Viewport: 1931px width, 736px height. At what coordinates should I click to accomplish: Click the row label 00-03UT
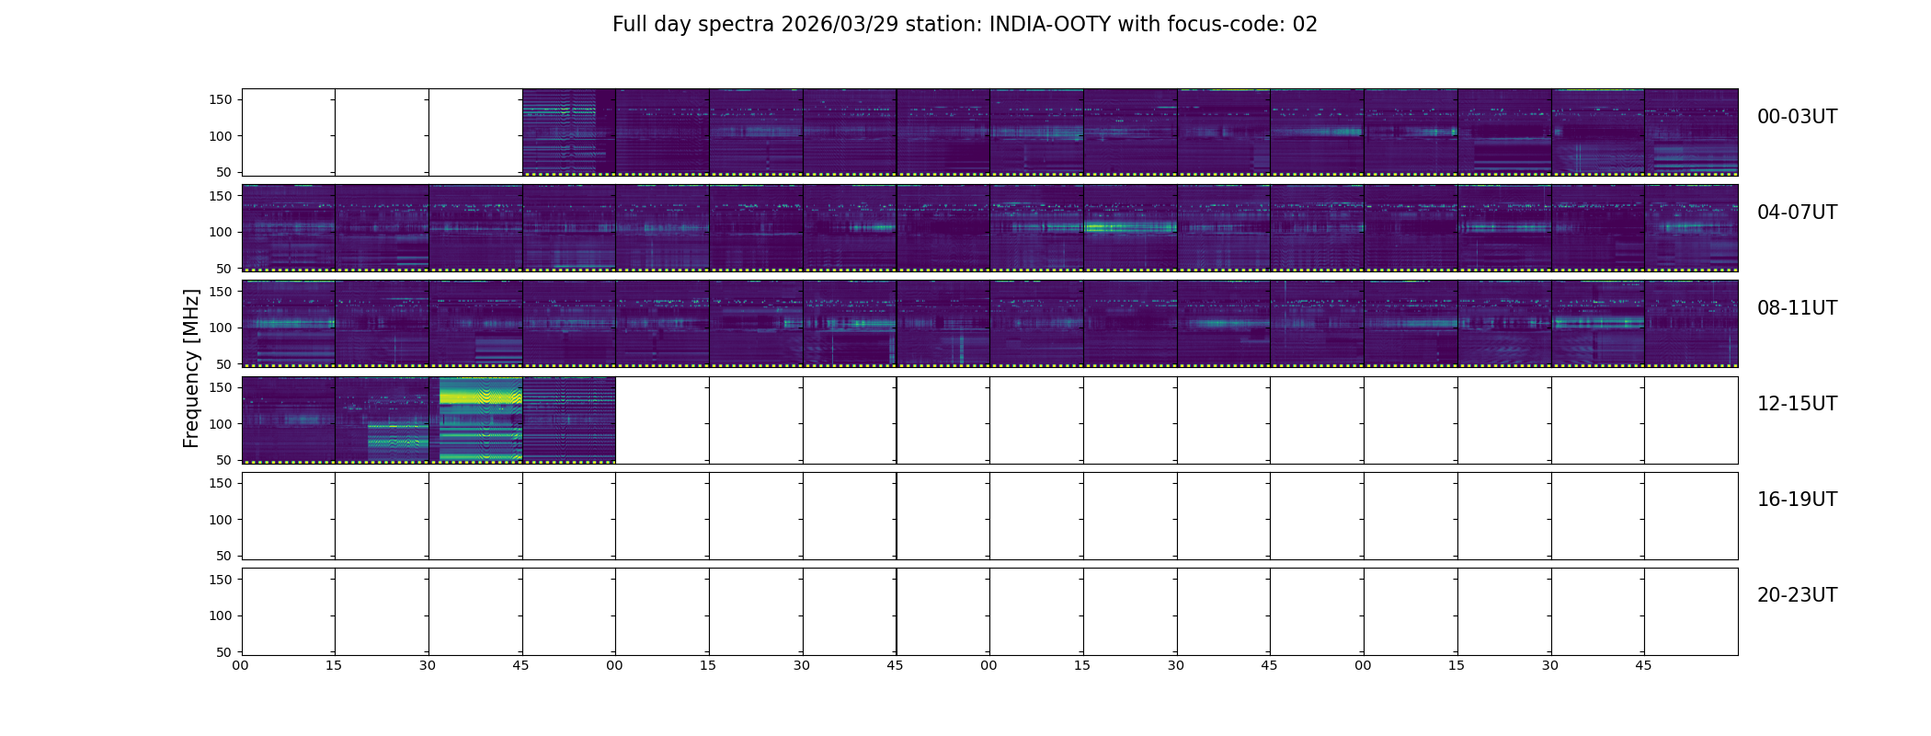1797,117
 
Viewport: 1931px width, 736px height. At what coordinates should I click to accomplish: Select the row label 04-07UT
1797,213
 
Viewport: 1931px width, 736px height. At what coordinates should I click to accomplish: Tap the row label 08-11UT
1797,308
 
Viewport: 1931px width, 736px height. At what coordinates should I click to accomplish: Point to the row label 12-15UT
1797,404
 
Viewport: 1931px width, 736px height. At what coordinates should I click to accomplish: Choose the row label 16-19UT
1797,500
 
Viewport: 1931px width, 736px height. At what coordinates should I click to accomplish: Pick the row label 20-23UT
1797,595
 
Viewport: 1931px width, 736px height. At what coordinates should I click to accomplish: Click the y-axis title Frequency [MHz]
191,368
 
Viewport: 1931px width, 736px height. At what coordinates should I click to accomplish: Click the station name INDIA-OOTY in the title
1048,25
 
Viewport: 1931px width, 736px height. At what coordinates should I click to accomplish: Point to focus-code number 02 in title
1305,25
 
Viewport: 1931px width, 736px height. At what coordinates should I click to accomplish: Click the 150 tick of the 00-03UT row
221,99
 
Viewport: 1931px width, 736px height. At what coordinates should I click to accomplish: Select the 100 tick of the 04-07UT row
221,232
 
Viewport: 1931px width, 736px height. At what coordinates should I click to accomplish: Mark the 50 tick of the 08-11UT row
224,364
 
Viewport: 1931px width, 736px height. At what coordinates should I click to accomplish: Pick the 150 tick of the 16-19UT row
221,483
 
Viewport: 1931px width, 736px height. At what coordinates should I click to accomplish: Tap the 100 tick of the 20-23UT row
221,615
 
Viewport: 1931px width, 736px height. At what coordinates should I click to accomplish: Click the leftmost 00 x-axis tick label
240,665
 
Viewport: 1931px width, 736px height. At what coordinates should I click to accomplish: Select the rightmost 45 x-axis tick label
1643,665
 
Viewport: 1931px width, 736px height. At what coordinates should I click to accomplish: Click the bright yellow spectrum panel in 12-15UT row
475,420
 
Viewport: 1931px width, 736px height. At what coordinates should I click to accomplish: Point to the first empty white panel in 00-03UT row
289,132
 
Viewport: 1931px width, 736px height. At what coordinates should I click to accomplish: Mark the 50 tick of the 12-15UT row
224,460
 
